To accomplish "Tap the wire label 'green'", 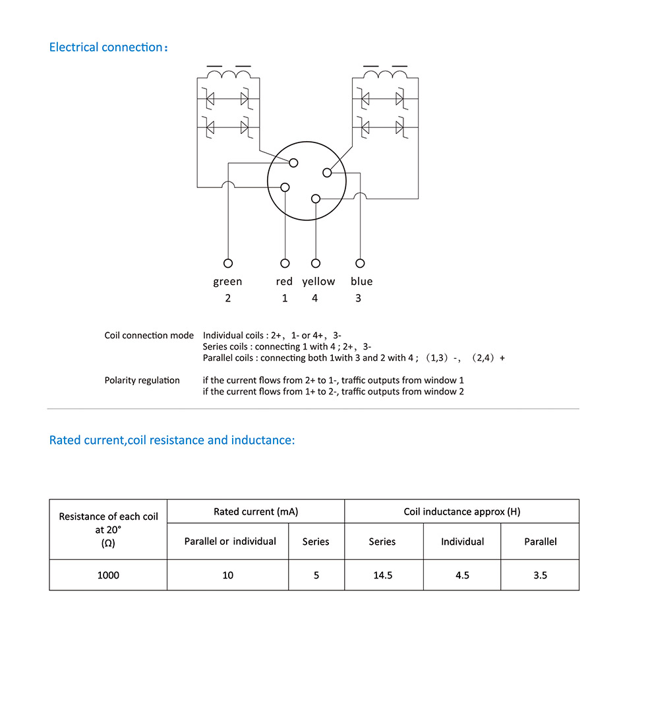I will click(x=227, y=282).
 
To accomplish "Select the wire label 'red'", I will click(x=284, y=282).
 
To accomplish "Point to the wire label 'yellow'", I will click(x=318, y=282).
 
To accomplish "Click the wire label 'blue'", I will click(x=361, y=282).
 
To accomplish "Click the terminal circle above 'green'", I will click(x=228, y=263).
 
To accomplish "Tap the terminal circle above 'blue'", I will click(x=359, y=263).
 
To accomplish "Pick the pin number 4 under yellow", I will click(x=314, y=298).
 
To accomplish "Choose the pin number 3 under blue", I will click(x=358, y=298).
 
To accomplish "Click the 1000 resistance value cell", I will click(x=108, y=575).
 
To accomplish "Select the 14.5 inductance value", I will click(x=382, y=575).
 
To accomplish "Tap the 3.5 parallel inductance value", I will click(x=540, y=575).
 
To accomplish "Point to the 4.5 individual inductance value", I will click(x=462, y=575).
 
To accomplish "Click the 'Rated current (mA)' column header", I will click(x=256, y=512).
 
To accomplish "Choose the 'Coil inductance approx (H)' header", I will click(x=461, y=512).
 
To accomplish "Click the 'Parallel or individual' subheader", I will click(x=230, y=542).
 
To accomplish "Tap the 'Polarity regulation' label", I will click(x=142, y=381).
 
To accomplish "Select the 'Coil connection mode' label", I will click(x=149, y=335).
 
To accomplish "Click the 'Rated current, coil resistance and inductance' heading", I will click(x=172, y=440).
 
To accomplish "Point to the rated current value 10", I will click(x=227, y=575).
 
